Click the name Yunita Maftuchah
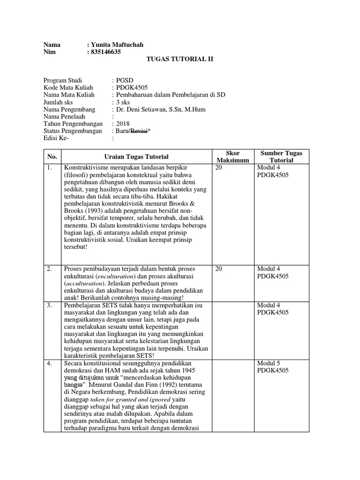117,45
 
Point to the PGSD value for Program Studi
124,81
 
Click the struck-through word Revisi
140,131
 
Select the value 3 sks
124,102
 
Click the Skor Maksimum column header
232,157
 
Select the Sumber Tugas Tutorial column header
281,157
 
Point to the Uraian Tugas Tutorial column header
136,157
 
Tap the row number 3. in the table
50,306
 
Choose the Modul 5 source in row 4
269,364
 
